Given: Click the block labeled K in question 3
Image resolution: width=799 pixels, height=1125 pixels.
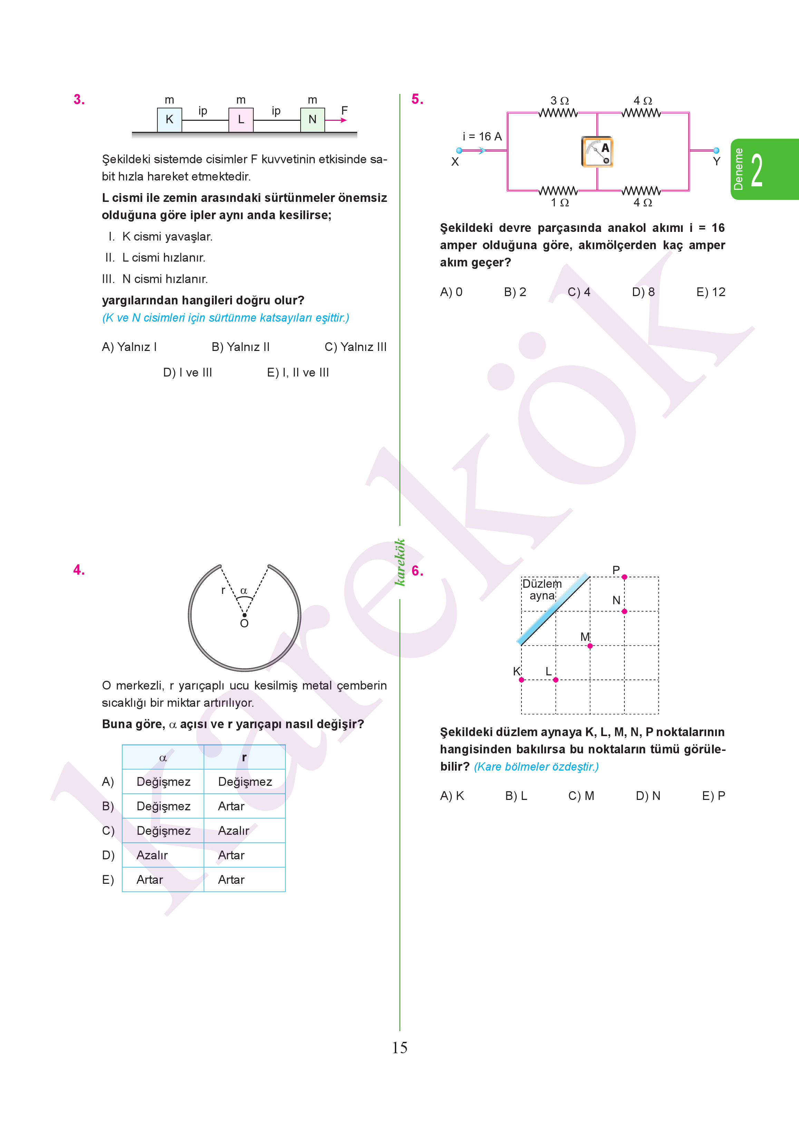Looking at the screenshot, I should click(x=169, y=119).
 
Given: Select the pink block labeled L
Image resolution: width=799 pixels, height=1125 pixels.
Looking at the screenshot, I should click(x=241, y=119).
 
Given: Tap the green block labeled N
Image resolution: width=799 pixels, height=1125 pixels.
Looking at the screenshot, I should click(x=312, y=119).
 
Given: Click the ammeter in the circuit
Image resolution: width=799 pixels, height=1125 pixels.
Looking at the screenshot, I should click(x=597, y=152).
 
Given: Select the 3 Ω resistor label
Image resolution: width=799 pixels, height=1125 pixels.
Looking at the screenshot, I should click(x=559, y=101).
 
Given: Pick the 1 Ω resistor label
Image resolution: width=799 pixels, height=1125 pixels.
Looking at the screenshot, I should click(x=559, y=203).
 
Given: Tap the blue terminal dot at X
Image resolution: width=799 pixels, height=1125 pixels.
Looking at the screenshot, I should click(x=459, y=150).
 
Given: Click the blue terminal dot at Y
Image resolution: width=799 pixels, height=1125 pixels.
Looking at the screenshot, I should click(x=717, y=150).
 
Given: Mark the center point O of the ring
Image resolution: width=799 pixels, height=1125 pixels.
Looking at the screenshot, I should click(x=244, y=615).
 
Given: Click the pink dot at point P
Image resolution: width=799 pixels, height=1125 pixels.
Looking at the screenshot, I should click(x=624, y=577).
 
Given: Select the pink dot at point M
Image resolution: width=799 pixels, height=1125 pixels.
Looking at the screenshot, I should click(x=590, y=646).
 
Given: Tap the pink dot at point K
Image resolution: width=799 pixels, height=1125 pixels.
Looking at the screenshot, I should click(x=522, y=680).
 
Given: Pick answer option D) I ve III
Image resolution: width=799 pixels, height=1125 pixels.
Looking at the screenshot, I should click(x=187, y=373).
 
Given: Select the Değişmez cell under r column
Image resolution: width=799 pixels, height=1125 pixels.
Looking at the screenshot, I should click(x=244, y=782).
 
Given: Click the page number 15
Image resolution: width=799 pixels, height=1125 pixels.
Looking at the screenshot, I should click(x=400, y=1048).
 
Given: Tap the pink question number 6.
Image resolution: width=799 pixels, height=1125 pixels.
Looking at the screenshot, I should click(x=417, y=571).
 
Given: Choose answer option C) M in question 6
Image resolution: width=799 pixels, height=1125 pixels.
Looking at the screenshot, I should click(x=581, y=796).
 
